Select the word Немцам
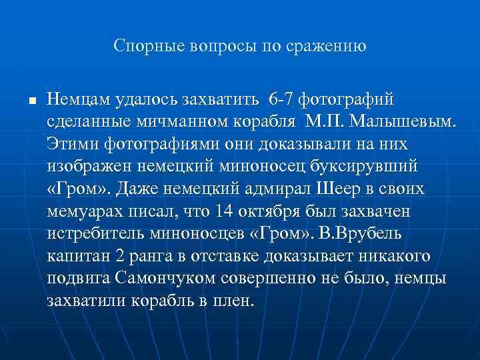[77, 100]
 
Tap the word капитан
[76, 256]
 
